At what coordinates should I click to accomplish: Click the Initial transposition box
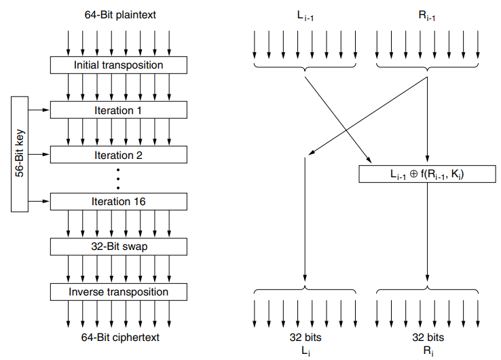(x=118, y=65)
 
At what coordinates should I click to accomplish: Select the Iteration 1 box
(x=118, y=110)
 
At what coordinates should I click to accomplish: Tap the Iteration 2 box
(x=118, y=155)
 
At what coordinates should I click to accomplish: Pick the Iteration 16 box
(x=118, y=202)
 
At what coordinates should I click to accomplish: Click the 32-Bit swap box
(x=118, y=246)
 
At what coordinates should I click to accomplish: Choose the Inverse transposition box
(x=118, y=292)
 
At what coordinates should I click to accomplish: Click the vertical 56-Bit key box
(x=20, y=154)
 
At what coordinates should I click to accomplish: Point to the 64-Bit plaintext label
(x=119, y=14)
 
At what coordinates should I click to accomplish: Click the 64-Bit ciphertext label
(x=119, y=338)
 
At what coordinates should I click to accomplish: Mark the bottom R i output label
(x=427, y=350)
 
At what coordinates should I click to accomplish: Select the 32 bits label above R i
(x=427, y=338)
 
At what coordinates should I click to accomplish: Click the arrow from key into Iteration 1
(x=39, y=110)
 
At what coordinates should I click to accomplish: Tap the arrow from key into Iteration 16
(x=39, y=202)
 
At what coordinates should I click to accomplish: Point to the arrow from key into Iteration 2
(x=39, y=155)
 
